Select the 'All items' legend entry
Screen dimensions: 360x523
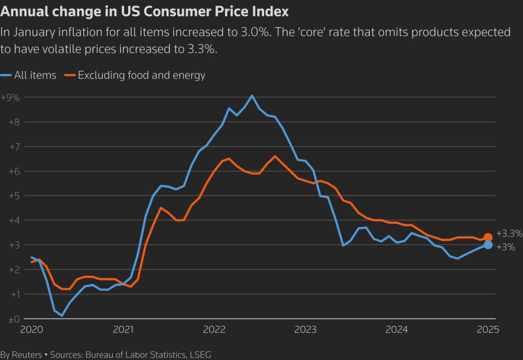(35, 76)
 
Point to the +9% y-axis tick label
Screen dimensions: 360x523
(10, 98)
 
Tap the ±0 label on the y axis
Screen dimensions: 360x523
(10, 319)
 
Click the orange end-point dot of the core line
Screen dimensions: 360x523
(488, 237)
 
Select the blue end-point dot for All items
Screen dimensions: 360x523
(488, 245)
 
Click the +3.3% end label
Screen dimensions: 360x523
(509, 234)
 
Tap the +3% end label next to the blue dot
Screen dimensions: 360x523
(506, 247)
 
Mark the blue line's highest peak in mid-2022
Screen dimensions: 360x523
(252, 95)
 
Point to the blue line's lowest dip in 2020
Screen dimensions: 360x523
(62, 316)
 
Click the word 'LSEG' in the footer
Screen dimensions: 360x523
(200, 354)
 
